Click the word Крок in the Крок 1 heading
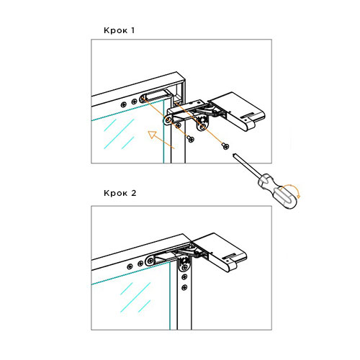click(x=115, y=30)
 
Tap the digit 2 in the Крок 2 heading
click(x=134, y=193)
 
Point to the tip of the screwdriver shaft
click(x=235, y=155)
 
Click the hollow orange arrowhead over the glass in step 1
click(x=152, y=135)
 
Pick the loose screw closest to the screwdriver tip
click(x=225, y=145)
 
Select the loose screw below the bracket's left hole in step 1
click(x=191, y=139)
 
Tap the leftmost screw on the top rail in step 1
click(x=124, y=104)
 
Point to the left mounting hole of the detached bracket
click(x=168, y=120)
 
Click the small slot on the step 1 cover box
click(x=247, y=115)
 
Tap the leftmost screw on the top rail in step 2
click(x=130, y=266)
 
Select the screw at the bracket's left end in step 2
click(x=150, y=261)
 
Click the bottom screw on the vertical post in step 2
click(x=184, y=287)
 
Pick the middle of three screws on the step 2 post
click(x=184, y=277)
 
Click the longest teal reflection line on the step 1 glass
click(x=119, y=133)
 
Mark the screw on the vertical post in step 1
click(x=178, y=125)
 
